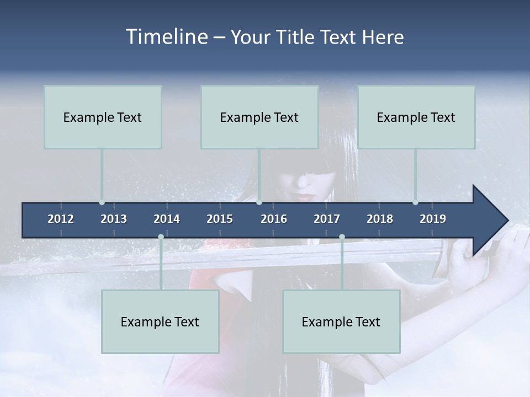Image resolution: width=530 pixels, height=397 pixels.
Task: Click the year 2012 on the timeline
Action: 61,219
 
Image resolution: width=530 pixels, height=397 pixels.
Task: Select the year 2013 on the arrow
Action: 114,219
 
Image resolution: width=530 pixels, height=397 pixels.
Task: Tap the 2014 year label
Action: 167,219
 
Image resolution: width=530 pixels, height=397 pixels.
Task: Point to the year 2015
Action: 220,219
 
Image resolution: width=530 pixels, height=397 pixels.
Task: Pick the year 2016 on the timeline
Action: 274,219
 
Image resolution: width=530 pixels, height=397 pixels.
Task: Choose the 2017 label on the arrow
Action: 327,219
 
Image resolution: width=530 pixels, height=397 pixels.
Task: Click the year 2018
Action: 380,219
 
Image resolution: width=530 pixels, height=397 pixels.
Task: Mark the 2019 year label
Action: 433,219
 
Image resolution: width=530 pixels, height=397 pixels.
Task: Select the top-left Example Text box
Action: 103,117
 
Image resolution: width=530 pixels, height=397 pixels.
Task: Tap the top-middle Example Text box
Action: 259,117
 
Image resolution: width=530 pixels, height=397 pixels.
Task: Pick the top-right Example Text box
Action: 416,117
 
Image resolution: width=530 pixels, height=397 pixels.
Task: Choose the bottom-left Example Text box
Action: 160,321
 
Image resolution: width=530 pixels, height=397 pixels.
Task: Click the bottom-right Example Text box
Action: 341,321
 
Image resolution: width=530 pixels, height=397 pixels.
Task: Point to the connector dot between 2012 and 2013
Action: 102,202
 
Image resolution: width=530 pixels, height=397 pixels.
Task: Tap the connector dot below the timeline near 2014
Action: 161,237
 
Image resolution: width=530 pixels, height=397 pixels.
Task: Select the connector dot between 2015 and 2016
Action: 259,202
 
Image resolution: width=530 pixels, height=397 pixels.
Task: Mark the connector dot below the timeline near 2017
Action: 342,237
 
